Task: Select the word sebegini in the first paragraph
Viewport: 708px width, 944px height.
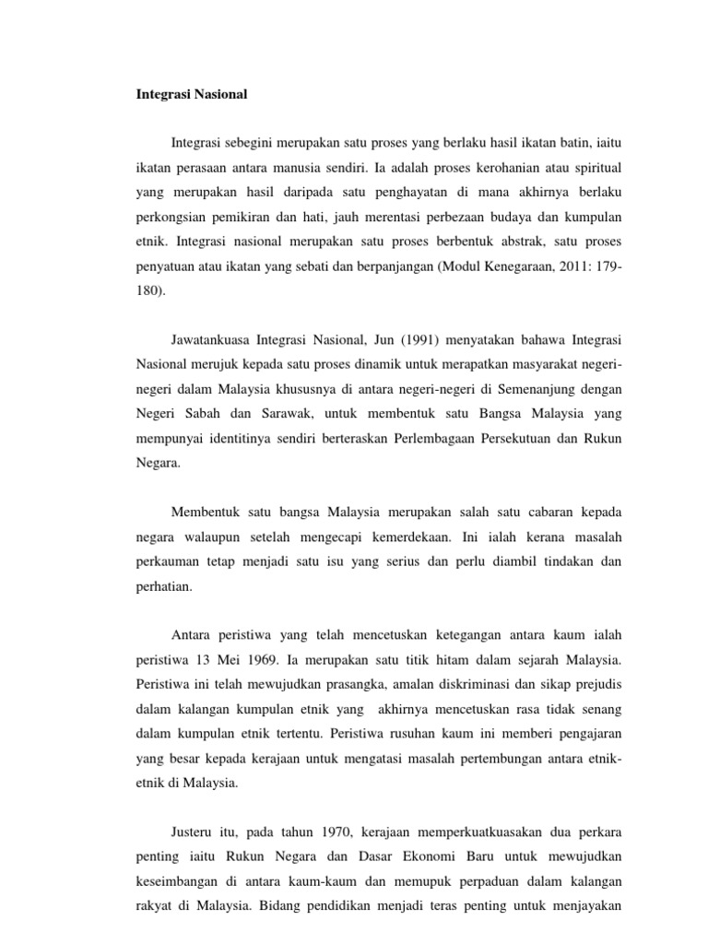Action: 254,142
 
